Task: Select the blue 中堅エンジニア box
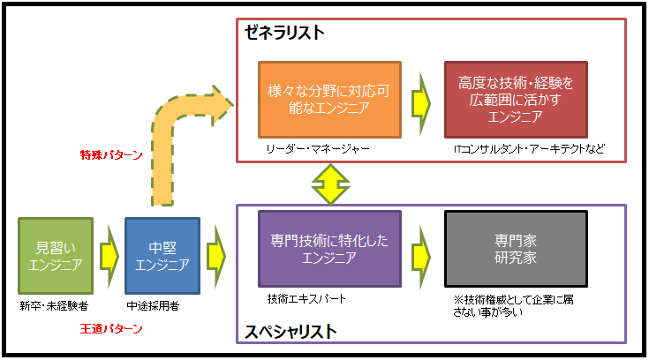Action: tap(162, 255)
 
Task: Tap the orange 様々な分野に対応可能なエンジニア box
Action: tap(329, 99)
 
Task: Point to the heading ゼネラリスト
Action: tap(284, 33)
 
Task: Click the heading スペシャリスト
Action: tap(291, 332)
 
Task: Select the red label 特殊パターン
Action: tap(110, 155)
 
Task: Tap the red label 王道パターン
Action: tap(110, 328)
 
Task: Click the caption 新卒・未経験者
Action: tap(53, 305)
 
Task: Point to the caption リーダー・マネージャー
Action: tap(317, 149)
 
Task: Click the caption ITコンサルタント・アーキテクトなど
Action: tap(529, 149)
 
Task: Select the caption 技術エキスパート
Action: tap(306, 299)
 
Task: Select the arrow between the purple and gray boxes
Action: tap(422, 249)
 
